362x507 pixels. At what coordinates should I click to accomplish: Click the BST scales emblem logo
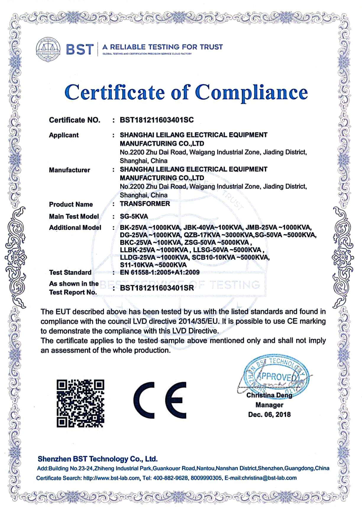point(48,50)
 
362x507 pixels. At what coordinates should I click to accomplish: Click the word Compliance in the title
point(251,92)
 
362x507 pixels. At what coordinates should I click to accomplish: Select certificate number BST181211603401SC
point(157,120)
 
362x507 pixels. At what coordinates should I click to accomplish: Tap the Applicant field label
point(64,135)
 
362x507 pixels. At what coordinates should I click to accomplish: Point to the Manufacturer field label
point(70,170)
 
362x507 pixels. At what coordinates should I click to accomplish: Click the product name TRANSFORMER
point(145,204)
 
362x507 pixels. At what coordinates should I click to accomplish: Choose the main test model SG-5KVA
point(134,216)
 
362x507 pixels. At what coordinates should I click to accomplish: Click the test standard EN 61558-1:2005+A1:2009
point(160,272)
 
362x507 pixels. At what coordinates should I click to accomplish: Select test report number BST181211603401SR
point(157,288)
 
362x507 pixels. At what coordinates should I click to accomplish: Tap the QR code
point(80,403)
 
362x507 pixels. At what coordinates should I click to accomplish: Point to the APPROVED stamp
point(275,376)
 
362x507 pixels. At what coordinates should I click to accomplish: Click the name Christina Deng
point(269,395)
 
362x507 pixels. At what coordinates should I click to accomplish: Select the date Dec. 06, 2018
point(269,415)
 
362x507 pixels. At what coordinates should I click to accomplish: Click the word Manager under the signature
point(269,405)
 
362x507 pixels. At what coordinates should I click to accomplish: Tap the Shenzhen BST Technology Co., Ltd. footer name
point(98,459)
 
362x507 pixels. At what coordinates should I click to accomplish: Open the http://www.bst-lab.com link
point(111,478)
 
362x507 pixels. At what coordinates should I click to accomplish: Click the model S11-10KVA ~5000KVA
point(153,265)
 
